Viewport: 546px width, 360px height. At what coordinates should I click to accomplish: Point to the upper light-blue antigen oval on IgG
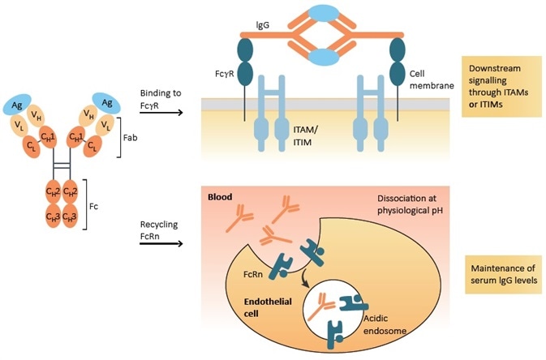click(x=322, y=15)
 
